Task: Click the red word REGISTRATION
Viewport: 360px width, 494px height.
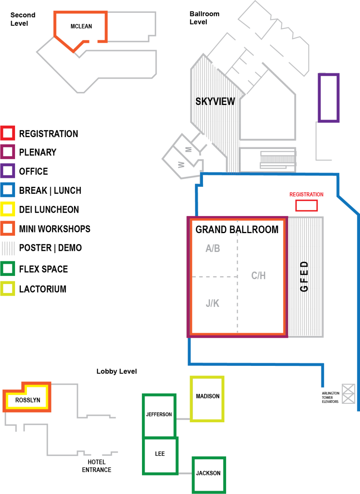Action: [x=306, y=195]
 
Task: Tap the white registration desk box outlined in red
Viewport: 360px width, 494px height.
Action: [x=306, y=206]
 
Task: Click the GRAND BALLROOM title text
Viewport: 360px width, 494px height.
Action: [x=237, y=230]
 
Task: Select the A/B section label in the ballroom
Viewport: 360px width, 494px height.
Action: [x=213, y=249]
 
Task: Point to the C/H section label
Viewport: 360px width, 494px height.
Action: [x=258, y=276]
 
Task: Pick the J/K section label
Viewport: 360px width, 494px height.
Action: [x=212, y=303]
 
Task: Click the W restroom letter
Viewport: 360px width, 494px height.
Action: [x=181, y=164]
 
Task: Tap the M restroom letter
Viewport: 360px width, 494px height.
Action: [x=189, y=149]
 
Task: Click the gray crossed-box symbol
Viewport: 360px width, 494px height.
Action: [x=348, y=394]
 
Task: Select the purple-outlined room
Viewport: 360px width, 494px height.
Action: [x=329, y=98]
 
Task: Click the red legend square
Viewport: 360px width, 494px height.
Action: [x=7, y=133]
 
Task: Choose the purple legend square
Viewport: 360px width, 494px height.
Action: [x=7, y=171]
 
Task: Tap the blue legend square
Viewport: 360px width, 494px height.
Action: [x=7, y=190]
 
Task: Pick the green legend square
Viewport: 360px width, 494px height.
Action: [x=7, y=268]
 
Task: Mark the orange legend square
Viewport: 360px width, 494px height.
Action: [x=7, y=228]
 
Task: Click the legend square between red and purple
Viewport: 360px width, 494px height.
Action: [x=7, y=152]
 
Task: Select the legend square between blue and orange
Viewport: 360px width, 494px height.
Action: [x=7, y=209]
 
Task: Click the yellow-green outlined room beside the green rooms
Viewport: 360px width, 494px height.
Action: [x=207, y=399]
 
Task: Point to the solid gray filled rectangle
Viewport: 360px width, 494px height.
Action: [x=278, y=159]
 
